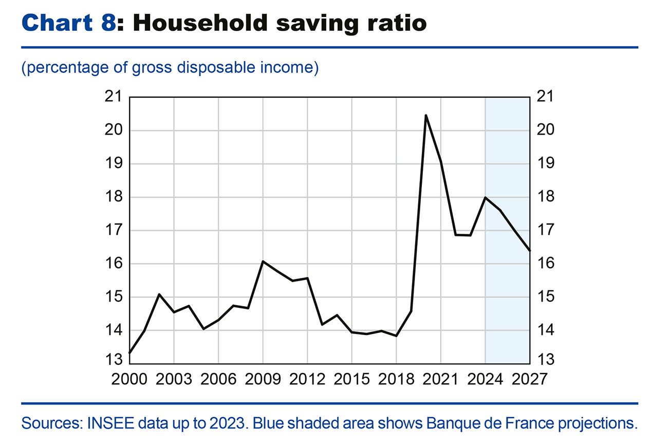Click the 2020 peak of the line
tap(426, 115)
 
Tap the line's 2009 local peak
tap(263, 262)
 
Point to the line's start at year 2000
tap(130, 353)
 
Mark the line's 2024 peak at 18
tap(485, 197)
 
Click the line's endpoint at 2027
tap(529, 250)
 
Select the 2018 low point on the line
tap(396, 336)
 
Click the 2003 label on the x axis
tap(174, 379)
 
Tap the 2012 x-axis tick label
tap(307, 379)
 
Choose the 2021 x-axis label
tap(440, 379)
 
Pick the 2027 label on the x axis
tap(529, 379)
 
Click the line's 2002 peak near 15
tap(159, 294)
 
